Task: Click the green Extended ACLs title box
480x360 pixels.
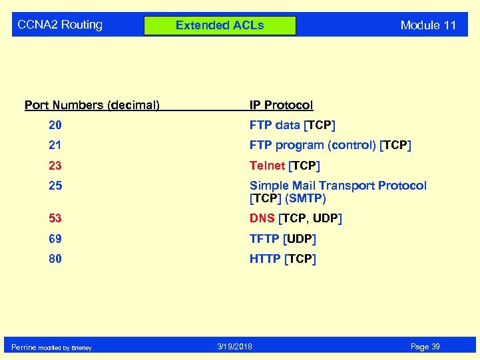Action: [220, 25]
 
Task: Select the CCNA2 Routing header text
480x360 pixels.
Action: [60, 25]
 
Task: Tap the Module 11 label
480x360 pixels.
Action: [428, 25]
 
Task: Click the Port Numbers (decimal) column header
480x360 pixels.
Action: [92, 105]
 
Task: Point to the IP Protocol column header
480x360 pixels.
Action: [281, 105]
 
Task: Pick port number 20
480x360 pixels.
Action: [55, 125]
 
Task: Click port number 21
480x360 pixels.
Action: [55, 145]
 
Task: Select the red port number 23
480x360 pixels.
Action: [55, 166]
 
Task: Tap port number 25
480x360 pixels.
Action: [55, 186]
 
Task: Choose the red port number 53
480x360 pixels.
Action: [55, 218]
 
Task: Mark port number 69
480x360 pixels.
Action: [55, 238]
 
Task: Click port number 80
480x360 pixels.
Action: [55, 259]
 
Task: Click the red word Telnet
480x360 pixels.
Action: [266, 166]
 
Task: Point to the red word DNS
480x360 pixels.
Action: [262, 218]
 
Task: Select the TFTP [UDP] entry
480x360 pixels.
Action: [283, 238]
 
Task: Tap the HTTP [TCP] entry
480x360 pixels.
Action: [283, 259]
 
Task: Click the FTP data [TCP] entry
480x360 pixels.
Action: [292, 125]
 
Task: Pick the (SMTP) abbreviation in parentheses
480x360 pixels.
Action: [306, 198]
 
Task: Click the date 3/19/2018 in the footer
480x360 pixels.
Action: [235, 347]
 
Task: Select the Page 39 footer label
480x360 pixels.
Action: [425, 347]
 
